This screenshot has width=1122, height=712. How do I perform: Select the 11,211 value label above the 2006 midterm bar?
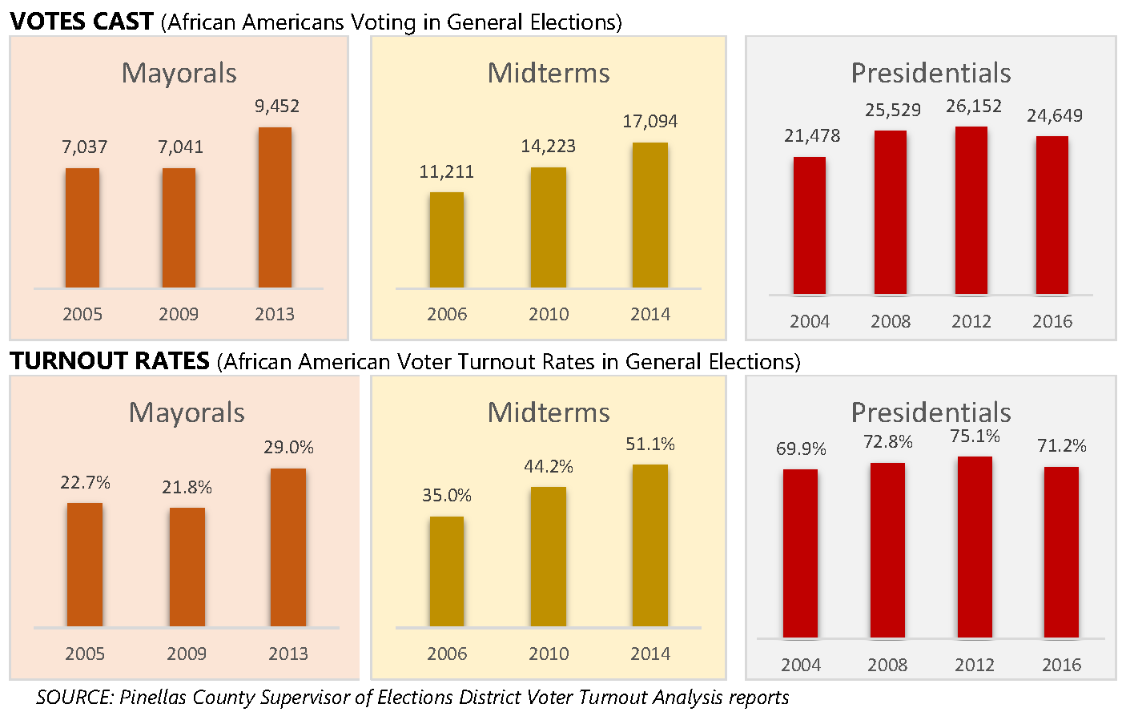[x=446, y=171]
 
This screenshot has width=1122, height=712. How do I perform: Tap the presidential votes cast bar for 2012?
[x=971, y=211]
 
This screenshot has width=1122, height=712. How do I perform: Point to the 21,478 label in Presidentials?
[x=812, y=136]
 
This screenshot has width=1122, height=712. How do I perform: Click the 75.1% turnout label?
[x=975, y=436]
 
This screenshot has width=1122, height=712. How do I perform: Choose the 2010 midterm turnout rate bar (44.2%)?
[x=549, y=557]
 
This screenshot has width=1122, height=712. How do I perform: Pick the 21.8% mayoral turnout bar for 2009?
[x=187, y=567]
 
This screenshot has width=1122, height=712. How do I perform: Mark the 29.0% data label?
[x=288, y=448]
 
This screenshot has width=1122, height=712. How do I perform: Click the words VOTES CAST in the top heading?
[x=82, y=22]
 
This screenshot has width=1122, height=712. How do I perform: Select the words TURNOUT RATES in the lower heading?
[x=110, y=361]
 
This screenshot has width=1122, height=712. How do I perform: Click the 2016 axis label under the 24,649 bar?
[x=1052, y=322]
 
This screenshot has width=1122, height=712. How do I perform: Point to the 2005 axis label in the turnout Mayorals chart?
[x=85, y=654]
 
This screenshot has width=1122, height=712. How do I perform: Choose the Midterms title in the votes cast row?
[x=549, y=73]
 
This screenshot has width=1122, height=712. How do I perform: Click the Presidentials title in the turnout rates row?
[x=931, y=412]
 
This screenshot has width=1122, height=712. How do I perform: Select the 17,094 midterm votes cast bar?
[x=649, y=215]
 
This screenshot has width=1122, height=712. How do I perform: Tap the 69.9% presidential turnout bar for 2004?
[x=800, y=553]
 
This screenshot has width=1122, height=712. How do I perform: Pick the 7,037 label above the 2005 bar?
[x=84, y=147]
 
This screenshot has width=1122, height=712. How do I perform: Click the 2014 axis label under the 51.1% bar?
[x=649, y=654]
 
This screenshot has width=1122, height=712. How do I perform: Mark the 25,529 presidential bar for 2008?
[x=891, y=212]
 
